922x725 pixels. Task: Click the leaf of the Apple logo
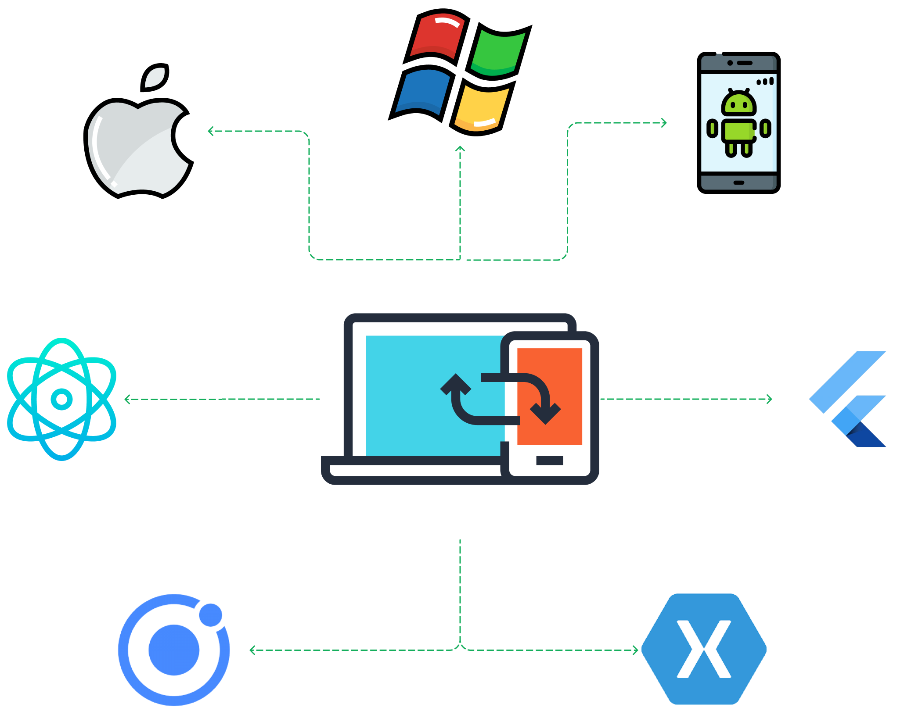pyautogui.click(x=155, y=78)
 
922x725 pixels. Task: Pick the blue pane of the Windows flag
pyautogui.click(x=422, y=91)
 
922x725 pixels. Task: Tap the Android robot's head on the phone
pyautogui.click(x=738, y=104)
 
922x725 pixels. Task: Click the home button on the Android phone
pyautogui.click(x=738, y=182)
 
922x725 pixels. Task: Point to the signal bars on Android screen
pyautogui.click(x=765, y=82)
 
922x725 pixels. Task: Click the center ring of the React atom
pyautogui.click(x=61, y=399)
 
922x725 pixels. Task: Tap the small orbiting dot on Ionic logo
pyautogui.click(x=211, y=614)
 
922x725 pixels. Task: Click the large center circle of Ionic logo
pyautogui.click(x=174, y=650)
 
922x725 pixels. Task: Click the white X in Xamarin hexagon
pyautogui.click(x=704, y=649)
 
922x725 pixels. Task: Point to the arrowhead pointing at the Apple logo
pyautogui.click(x=211, y=131)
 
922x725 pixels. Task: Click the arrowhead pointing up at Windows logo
pyautogui.click(x=460, y=149)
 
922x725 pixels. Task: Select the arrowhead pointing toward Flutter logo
pyautogui.click(x=769, y=399)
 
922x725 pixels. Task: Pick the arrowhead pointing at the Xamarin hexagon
pyautogui.click(x=636, y=650)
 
